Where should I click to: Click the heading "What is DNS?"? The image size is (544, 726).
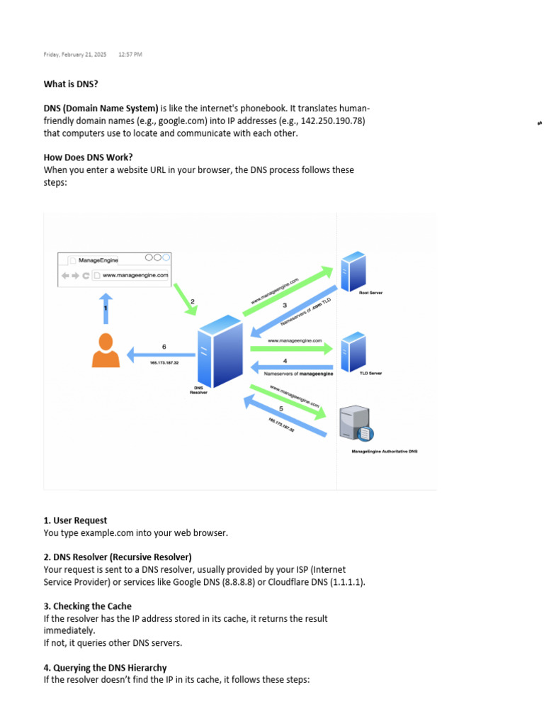[71, 84]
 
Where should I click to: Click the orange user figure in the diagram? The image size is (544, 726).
[106, 350]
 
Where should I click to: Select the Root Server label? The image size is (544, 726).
[370, 292]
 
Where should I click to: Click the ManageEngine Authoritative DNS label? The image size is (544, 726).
[385, 451]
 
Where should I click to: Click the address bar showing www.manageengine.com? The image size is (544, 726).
[135, 275]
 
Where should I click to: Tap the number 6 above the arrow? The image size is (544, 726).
[164, 347]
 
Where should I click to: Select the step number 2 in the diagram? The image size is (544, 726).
[192, 301]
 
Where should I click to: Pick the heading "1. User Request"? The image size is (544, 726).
[76, 520]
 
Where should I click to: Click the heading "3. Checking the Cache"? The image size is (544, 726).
[88, 607]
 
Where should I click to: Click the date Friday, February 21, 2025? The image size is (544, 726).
[75, 54]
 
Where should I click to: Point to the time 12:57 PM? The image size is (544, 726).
[130, 54]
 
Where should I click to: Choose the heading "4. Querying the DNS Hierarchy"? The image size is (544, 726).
[106, 669]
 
